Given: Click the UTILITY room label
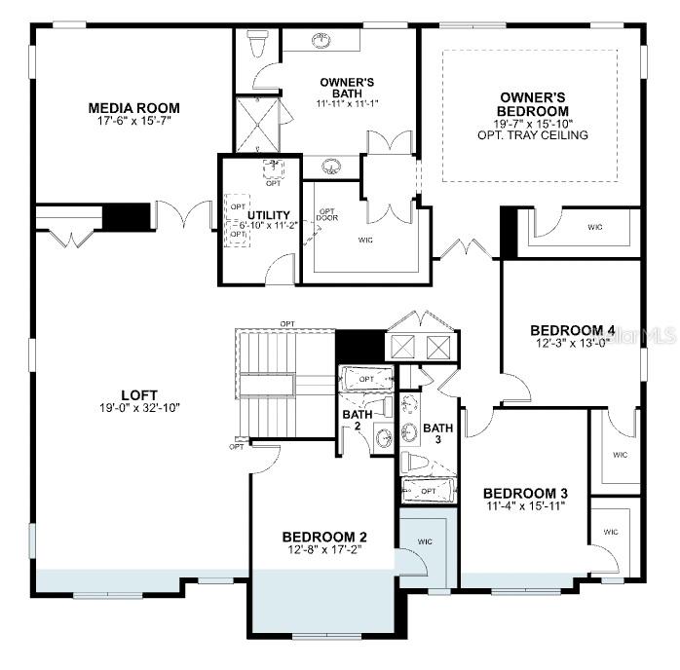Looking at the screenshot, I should click(x=268, y=215).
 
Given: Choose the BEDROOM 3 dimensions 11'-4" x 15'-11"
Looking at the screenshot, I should click(x=525, y=506).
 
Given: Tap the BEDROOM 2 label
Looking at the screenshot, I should click(x=324, y=537).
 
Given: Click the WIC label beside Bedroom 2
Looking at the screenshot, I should click(x=425, y=540).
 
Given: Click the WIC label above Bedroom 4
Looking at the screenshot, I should click(x=594, y=227).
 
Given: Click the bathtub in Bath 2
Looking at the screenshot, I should click(x=365, y=379).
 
